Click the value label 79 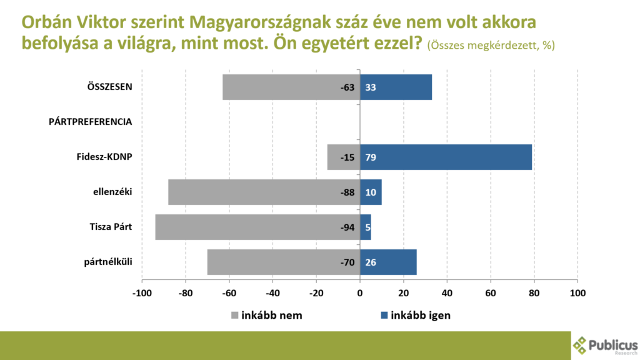(371, 157)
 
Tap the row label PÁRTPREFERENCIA (90, 122)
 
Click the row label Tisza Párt (111, 227)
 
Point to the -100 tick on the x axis (142, 292)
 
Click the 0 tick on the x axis (360, 292)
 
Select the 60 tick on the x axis (491, 292)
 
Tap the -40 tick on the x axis (272, 292)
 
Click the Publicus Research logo (605, 345)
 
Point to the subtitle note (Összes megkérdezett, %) (491, 46)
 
